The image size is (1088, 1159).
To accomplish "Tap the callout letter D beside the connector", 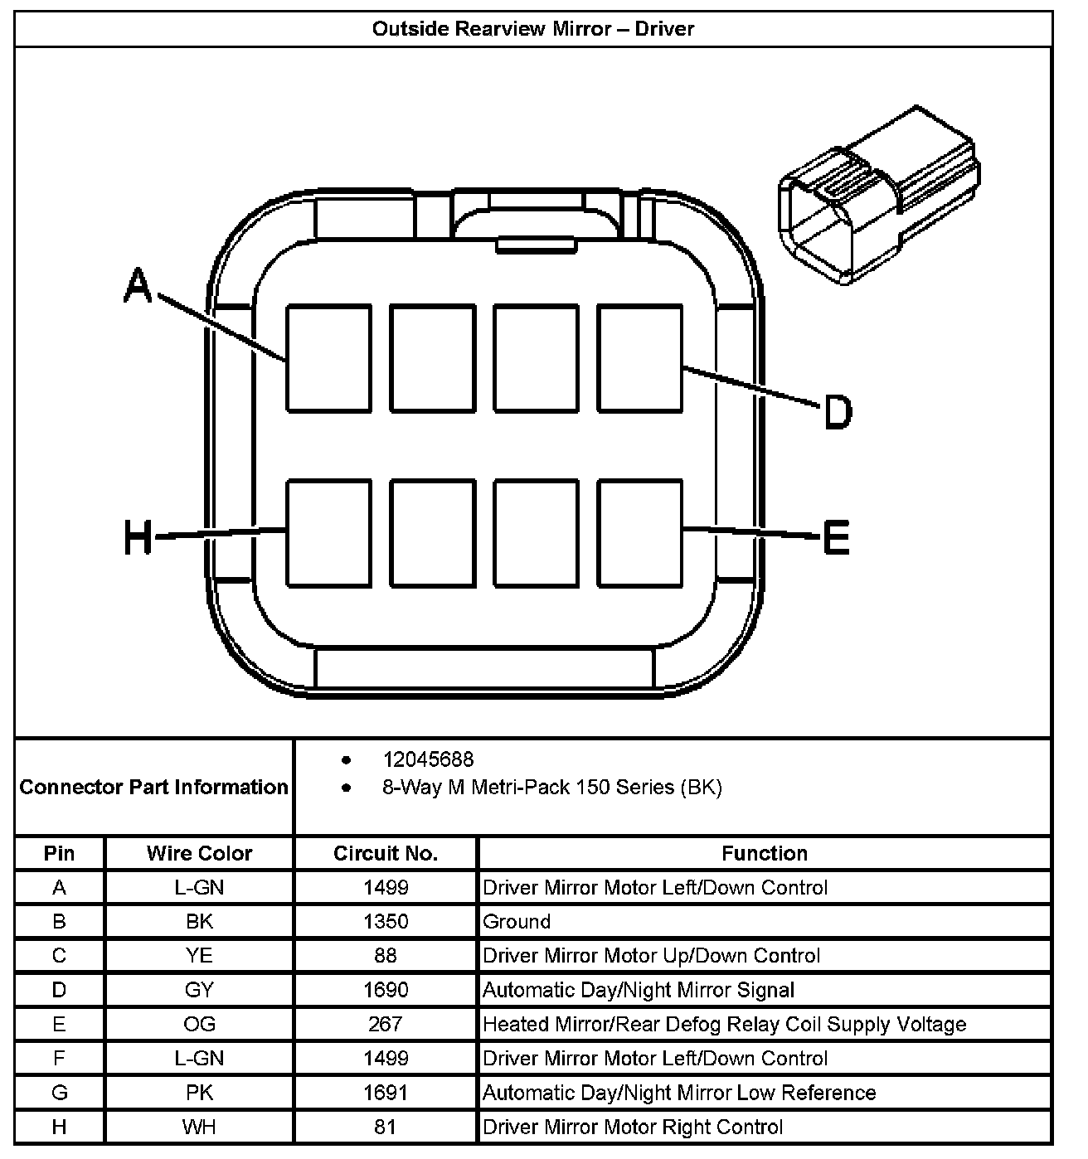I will [x=838, y=411].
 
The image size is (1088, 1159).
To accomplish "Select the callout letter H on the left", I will [x=138, y=536].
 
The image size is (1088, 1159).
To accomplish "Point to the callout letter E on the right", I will [x=836, y=536].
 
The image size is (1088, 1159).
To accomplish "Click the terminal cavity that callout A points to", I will [x=328, y=358].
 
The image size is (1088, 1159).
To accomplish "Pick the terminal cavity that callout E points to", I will [x=639, y=532].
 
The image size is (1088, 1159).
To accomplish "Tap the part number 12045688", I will [x=428, y=759].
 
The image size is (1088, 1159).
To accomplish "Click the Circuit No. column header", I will [x=386, y=853].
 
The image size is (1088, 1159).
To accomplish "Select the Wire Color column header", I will [x=199, y=853].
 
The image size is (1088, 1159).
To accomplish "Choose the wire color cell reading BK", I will [x=199, y=922].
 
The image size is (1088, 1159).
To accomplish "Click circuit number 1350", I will [x=386, y=922].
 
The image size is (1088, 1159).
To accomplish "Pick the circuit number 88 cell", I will [x=386, y=956].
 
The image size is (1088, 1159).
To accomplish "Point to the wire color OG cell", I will [x=199, y=1024].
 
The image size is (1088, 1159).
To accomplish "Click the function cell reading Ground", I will [x=517, y=922].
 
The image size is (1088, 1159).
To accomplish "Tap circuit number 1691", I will [x=386, y=1093].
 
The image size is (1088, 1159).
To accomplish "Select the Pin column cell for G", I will [x=59, y=1093].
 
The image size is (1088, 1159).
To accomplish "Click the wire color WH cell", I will [x=199, y=1127].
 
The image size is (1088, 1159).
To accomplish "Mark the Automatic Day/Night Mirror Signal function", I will [x=639, y=990].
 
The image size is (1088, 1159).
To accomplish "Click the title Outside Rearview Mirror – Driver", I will [x=533, y=29].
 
